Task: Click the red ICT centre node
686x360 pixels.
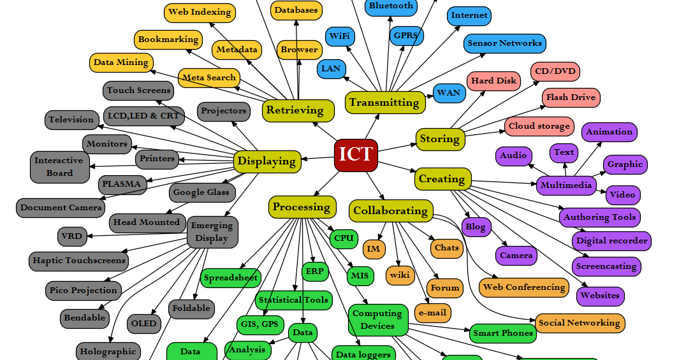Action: (356, 155)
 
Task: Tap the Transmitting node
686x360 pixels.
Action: (384, 102)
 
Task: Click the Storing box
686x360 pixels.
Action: (439, 138)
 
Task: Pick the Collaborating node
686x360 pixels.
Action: (390, 210)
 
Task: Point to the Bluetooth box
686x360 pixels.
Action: (391, 6)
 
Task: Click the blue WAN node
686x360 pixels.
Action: (448, 93)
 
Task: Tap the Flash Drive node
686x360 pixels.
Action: (571, 97)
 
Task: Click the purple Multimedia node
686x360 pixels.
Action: (566, 185)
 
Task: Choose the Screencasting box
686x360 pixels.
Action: (606, 266)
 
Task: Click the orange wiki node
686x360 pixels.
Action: (400, 275)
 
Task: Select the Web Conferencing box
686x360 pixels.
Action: (523, 287)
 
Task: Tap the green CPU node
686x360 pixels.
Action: (344, 238)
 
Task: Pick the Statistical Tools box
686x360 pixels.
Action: (293, 299)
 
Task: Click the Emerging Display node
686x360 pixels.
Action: (212, 232)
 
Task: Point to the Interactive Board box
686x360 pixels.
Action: (59, 166)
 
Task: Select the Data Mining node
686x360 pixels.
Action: (121, 62)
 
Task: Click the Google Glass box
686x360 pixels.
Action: (202, 192)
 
